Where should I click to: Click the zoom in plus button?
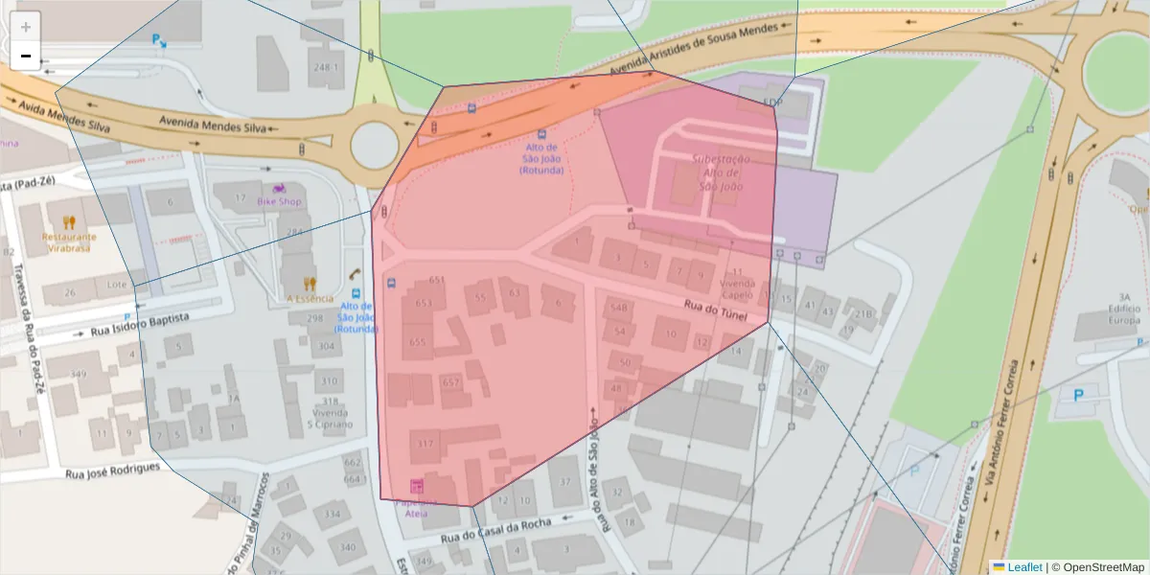tap(26, 27)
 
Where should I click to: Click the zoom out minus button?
tap(26, 56)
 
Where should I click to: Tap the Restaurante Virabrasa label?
tap(68, 242)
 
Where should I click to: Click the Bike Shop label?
tap(279, 201)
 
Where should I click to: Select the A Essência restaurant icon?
tap(309, 284)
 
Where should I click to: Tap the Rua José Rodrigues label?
tap(112, 470)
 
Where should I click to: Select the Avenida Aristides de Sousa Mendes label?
tap(709, 54)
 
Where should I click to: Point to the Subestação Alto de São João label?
tap(722, 172)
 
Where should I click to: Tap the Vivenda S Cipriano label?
tap(331, 418)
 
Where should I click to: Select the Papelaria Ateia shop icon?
tap(416, 486)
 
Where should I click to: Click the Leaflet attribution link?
tap(1023, 567)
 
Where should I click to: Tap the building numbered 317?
tap(425, 443)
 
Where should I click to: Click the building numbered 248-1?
tap(326, 67)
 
